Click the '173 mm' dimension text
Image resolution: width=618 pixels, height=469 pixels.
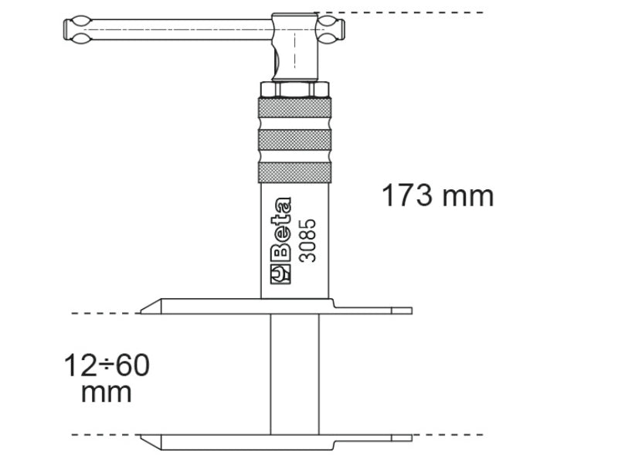pyautogui.click(x=437, y=195)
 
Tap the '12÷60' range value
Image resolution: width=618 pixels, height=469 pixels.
pyautogui.click(x=107, y=363)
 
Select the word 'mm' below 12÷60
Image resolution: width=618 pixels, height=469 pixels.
pyautogui.click(x=107, y=392)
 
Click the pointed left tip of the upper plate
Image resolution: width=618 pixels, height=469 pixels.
pyautogui.click(x=144, y=311)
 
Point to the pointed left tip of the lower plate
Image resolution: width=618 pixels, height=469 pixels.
pyautogui.click(x=144, y=436)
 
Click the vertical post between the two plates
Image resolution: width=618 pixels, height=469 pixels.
pyautogui.click(x=294, y=374)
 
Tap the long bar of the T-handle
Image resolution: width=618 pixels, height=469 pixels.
pyautogui.click(x=170, y=30)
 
